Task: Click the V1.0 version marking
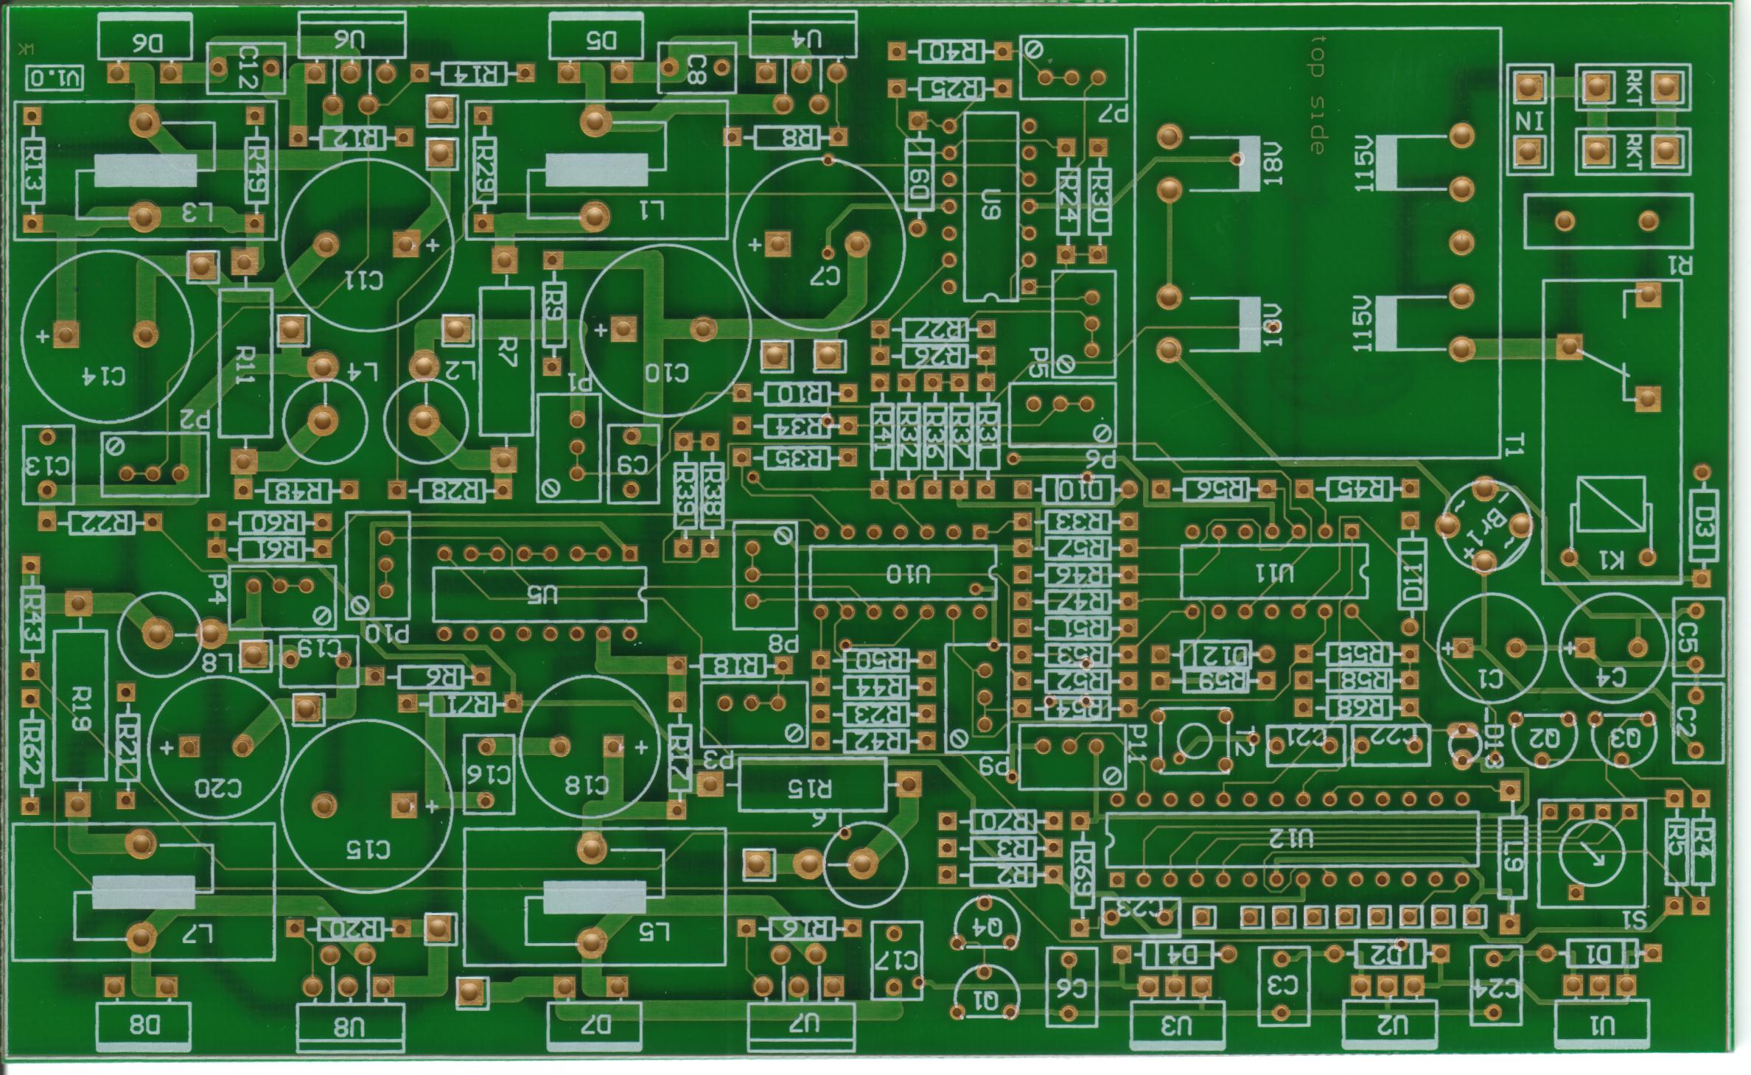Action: (55, 77)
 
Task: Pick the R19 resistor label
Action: (80, 709)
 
